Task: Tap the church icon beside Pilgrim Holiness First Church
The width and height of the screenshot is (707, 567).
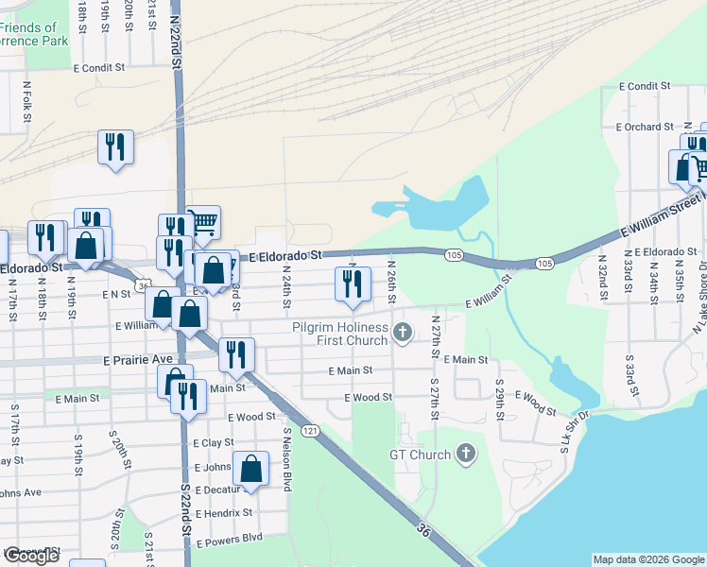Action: [404, 332]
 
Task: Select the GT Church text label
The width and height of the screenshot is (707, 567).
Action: [421, 455]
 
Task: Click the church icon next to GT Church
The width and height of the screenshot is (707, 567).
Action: [464, 455]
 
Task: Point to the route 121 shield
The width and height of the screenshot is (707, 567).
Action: [312, 431]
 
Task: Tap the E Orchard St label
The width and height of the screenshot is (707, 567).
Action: [644, 127]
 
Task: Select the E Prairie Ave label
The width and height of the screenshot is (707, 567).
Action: [137, 360]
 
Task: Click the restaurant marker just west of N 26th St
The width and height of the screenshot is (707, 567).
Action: [352, 284]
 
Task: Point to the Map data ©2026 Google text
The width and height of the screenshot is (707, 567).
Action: [648, 559]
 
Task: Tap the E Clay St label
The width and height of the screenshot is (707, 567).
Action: [213, 442]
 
